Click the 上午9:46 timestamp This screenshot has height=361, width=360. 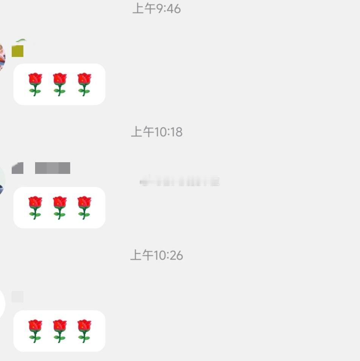pyautogui.click(x=156, y=8)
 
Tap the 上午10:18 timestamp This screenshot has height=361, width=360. pyautogui.click(x=156, y=132)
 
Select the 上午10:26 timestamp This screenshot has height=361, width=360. pyautogui.click(x=156, y=255)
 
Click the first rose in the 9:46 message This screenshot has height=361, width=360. pyautogui.click(x=35, y=84)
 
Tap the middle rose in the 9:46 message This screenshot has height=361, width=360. pyautogui.click(x=60, y=84)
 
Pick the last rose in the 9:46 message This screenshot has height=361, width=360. pyautogui.click(x=84, y=84)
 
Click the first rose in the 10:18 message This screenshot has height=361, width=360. pyautogui.click(x=35, y=207)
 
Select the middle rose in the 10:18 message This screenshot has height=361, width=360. pyautogui.click(x=60, y=207)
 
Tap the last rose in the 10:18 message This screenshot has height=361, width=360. pyautogui.click(x=84, y=207)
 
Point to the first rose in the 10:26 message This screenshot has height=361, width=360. pyautogui.click(x=35, y=331)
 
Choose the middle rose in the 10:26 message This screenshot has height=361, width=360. pyautogui.click(x=60, y=331)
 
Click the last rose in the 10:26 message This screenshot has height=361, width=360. pyautogui.click(x=84, y=331)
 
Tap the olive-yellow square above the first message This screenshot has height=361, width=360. pyautogui.click(x=17, y=51)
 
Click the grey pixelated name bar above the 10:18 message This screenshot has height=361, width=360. pyautogui.click(x=52, y=168)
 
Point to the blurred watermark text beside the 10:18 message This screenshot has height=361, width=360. pyautogui.click(x=180, y=182)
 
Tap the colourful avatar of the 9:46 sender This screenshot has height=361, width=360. pyautogui.click(x=2, y=57)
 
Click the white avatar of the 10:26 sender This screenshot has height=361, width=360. pyautogui.click(x=2, y=304)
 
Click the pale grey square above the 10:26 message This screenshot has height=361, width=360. pyautogui.click(x=17, y=296)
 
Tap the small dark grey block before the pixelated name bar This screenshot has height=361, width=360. pyautogui.click(x=17, y=168)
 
